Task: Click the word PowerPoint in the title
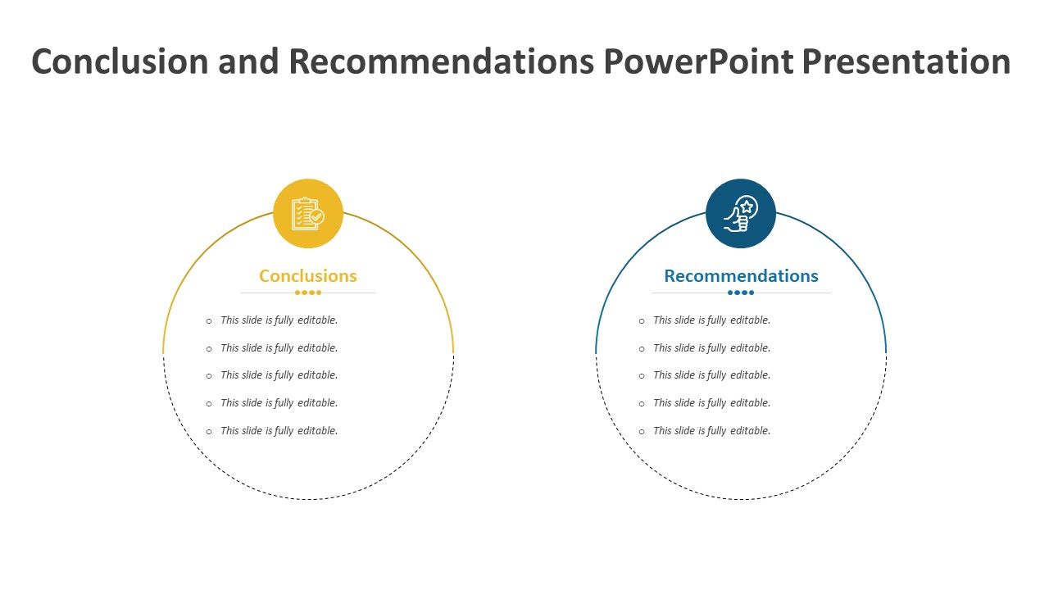(698, 61)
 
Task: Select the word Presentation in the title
(906, 61)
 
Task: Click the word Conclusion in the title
(120, 61)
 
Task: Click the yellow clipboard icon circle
(308, 214)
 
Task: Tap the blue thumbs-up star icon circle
(741, 214)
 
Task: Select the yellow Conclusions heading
(308, 276)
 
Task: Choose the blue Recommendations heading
(742, 276)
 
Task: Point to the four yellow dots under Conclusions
(308, 293)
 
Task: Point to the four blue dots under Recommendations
(741, 293)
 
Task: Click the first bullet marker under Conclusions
(209, 321)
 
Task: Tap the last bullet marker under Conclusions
(209, 432)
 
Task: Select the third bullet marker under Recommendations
(642, 376)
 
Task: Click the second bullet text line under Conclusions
(279, 348)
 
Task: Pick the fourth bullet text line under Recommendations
(712, 402)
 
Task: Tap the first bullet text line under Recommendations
(712, 320)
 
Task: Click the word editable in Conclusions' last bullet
(317, 430)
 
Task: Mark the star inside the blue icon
(747, 206)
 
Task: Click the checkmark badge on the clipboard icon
(317, 217)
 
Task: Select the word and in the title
(248, 61)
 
